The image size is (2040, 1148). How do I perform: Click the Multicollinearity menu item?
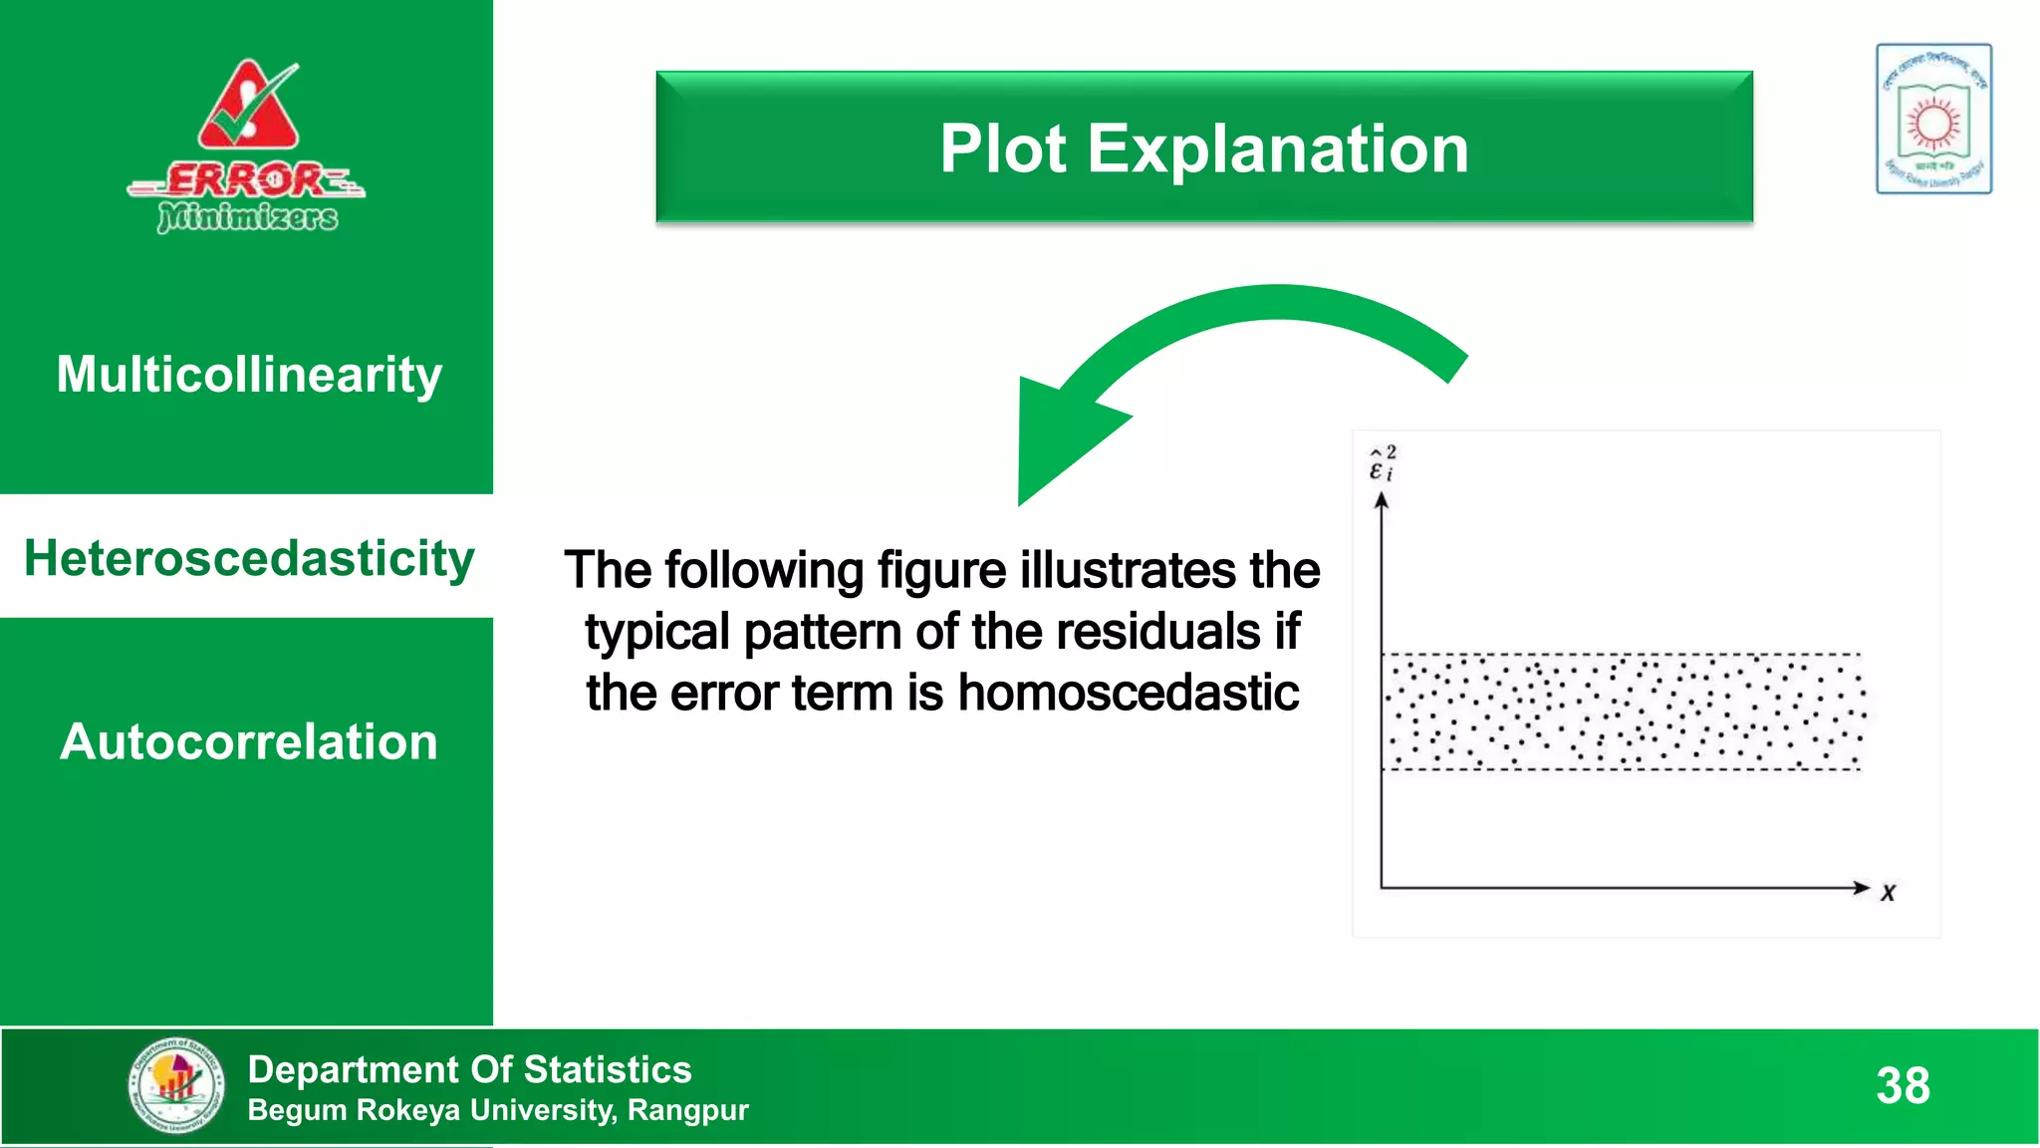[249, 376]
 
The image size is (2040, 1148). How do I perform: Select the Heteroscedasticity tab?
[249, 558]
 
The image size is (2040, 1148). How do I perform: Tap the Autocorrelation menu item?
[249, 742]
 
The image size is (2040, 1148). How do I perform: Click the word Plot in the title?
[1003, 149]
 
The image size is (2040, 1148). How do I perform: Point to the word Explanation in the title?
[1278, 149]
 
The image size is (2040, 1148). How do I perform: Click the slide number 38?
[1903, 1086]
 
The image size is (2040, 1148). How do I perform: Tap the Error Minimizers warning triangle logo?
[249, 105]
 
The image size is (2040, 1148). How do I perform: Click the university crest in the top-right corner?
[1933, 119]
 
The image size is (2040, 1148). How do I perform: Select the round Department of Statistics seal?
[176, 1085]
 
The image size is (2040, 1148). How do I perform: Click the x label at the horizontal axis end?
[1888, 893]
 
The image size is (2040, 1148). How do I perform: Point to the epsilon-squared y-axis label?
[1383, 464]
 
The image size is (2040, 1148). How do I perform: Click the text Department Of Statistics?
[469, 1069]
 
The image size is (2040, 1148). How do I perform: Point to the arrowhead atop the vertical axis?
[1381, 500]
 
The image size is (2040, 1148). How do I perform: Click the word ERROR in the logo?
[245, 180]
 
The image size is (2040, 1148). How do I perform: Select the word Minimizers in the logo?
[248, 216]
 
